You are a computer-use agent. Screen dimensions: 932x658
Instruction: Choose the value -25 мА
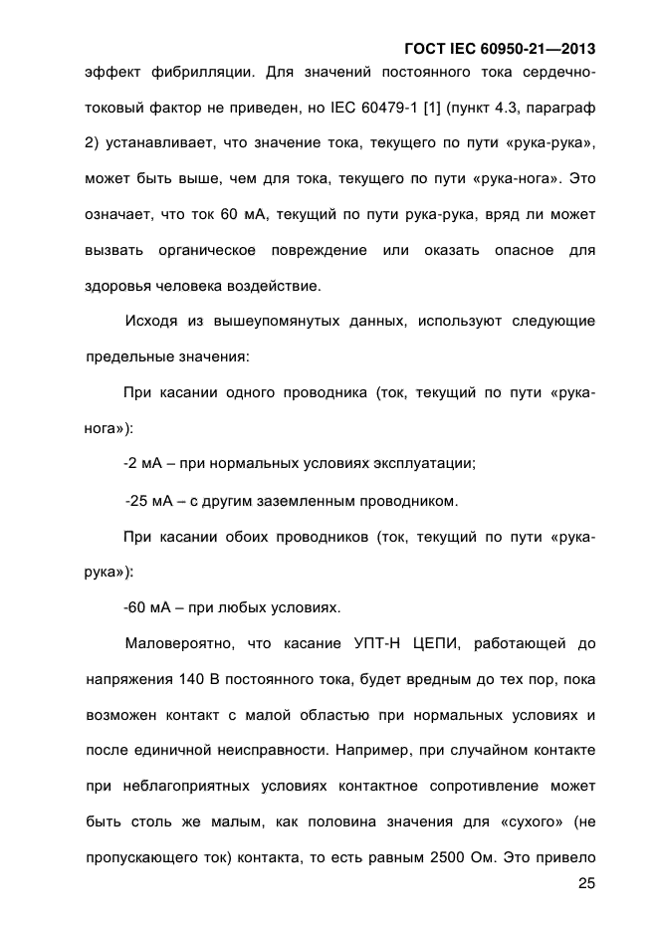pyautogui.click(x=149, y=499)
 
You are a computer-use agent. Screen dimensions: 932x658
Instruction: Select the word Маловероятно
pyautogui.click(x=180, y=643)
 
